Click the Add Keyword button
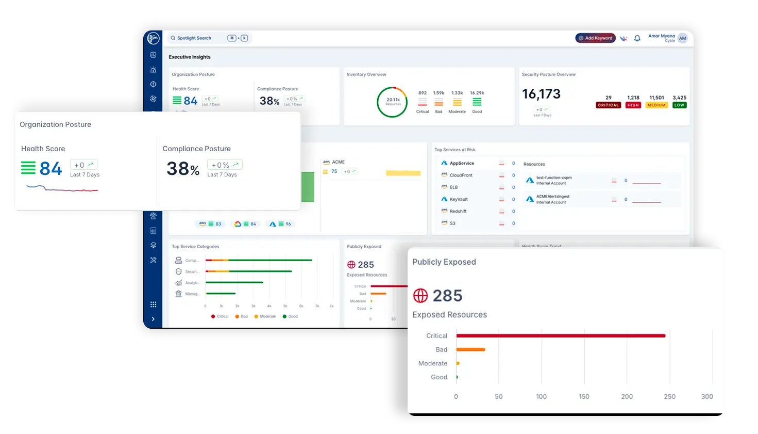point(595,38)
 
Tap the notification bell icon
point(637,38)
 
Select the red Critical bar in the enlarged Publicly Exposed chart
point(561,336)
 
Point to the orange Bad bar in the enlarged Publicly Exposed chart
point(470,350)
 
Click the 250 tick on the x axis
point(669,397)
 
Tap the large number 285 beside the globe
point(447,296)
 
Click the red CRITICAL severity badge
point(608,105)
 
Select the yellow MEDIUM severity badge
point(656,105)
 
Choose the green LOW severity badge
point(679,105)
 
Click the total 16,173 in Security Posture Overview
point(541,94)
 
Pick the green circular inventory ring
point(392,102)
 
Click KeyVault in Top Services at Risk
point(459,199)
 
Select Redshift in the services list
point(458,212)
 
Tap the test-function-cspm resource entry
point(553,178)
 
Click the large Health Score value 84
point(50,169)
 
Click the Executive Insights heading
point(190,57)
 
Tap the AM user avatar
point(682,38)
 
